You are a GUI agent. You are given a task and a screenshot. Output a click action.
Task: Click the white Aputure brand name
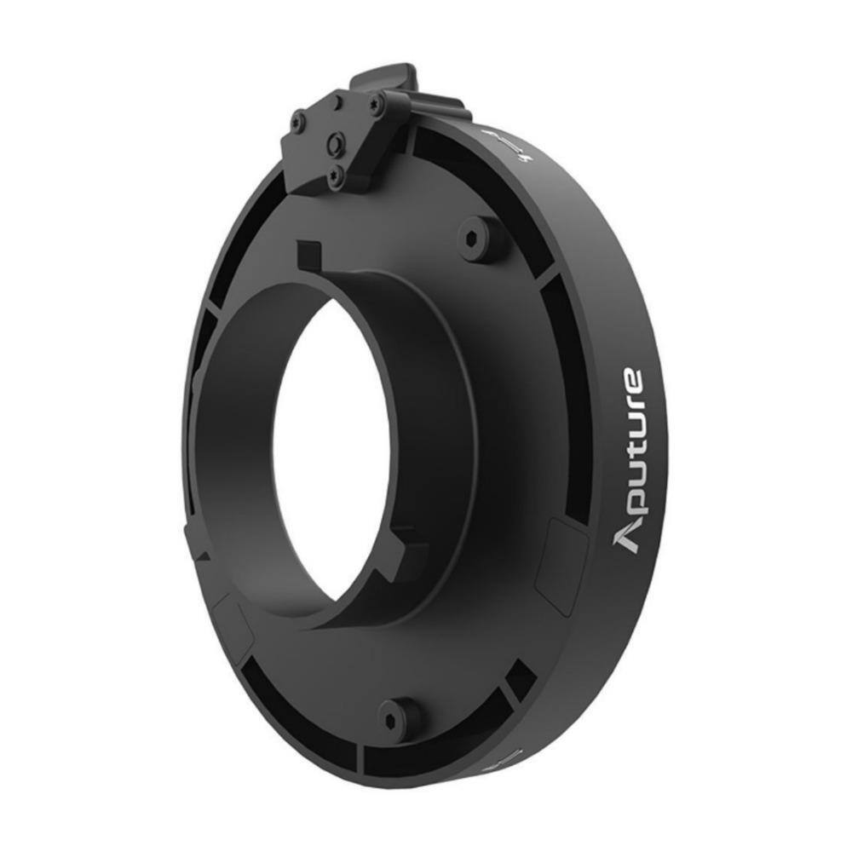click(631, 460)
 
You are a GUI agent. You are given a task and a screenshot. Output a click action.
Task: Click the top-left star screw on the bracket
click(297, 123)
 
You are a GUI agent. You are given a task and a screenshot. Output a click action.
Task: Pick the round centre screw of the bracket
click(337, 144)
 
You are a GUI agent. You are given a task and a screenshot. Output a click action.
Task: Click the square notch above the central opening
click(308, 254)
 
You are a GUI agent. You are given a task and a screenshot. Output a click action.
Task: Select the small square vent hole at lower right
click(519, 682)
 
